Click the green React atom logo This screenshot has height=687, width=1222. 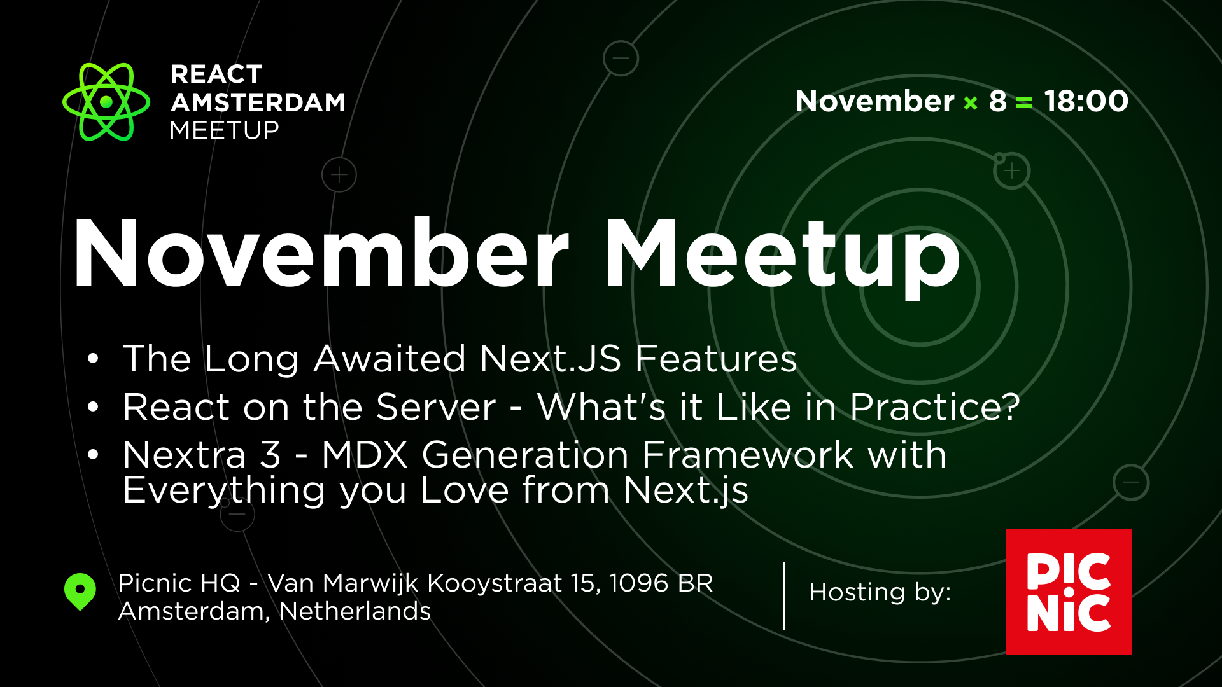(x=106, y=102)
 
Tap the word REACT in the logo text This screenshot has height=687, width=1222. (x=216, y=74)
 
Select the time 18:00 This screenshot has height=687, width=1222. (x=1086, y=101)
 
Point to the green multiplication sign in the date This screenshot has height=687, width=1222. (x=971, y=103)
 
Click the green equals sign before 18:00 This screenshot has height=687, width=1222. (x=1024, y=103)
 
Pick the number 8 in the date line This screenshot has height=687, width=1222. (x=997, y=101)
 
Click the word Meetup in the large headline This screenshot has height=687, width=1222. (x=782, y=254)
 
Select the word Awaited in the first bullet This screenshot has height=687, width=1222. (x=390, y=359)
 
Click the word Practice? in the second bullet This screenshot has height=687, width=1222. (x=934, y=407)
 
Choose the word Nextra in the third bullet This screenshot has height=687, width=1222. (x=185, y=455)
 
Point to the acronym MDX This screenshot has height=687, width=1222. (x=364, y=455)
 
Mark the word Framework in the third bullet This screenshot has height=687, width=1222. (x=747, y=455)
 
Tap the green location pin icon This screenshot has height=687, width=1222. (x=80, y=591)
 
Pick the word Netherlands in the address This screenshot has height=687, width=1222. (x=355, y=611)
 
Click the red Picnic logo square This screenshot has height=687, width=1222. (x=1069, y=592)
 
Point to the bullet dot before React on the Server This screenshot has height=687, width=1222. (x=94, y=407)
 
